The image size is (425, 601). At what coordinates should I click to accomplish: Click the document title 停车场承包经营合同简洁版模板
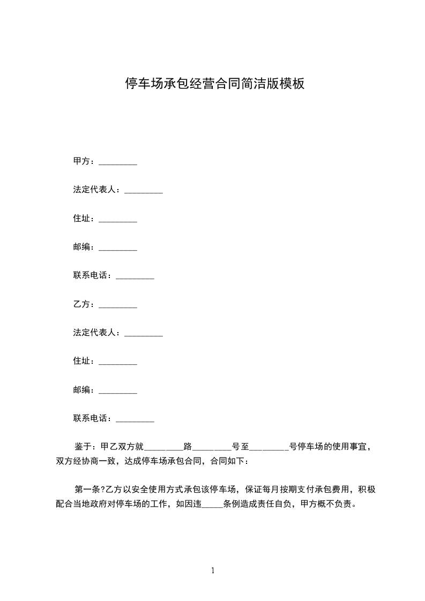(x=215, y=84)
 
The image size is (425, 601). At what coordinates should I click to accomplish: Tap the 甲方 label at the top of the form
(x=81, y=161)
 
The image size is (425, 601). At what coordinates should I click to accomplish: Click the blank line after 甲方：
(x=118, y=162)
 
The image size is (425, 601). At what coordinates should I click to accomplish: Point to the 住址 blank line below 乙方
(x=118, y=363)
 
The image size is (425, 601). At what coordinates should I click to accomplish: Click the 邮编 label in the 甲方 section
(x=81, y=247)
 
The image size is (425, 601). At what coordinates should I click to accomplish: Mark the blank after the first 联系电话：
(x=135, y=277)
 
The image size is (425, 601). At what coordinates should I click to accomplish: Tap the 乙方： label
(x=84, y=304)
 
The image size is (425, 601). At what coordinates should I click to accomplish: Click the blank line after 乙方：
(x=118, y=306)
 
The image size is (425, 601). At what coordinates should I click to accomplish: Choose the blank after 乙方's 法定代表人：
(x=144, y=334)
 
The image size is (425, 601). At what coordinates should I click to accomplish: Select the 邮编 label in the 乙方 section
(x=81, y=390)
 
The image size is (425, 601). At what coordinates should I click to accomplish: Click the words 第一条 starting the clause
(x=87, y=489)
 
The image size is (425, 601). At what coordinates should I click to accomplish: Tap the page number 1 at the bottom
(x=213, y=571)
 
